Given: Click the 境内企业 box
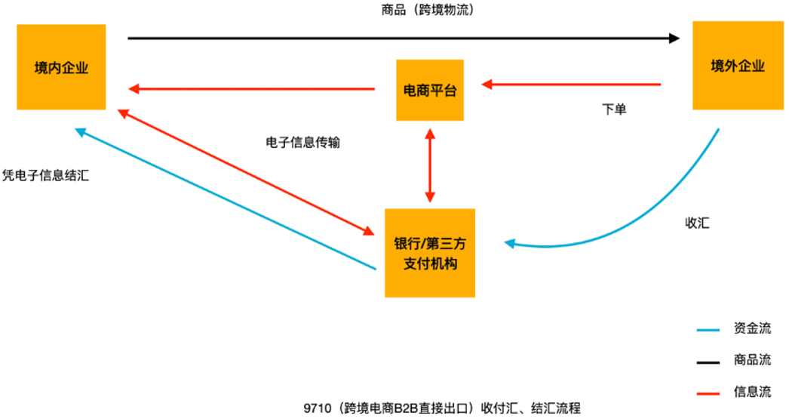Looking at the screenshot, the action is click(61, 67).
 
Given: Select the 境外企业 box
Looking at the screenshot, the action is click(738, 66).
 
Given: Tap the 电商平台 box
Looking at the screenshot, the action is click(430, 90).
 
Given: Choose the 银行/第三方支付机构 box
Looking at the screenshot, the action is click(430, 253).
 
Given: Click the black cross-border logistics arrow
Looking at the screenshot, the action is click(404, 38).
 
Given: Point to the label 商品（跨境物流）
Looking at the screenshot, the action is click(428, 10).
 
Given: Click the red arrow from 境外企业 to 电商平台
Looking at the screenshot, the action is click(571, 85).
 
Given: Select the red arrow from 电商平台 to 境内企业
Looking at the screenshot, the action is click(252, 89).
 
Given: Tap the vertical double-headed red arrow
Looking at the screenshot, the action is click(430, 165).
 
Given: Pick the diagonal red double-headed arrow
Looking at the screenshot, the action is click(246, 172).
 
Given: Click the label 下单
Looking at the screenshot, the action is click(614, 109).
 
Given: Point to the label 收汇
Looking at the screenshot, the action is click(698, 223).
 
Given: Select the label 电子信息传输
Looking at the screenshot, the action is click(303, 143).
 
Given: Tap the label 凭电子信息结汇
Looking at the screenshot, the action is click(46, 175).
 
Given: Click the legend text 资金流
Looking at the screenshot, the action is click(752, 328).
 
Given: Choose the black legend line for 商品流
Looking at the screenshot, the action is click(708, 362).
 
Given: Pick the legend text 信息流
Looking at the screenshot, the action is click(752, 391).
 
